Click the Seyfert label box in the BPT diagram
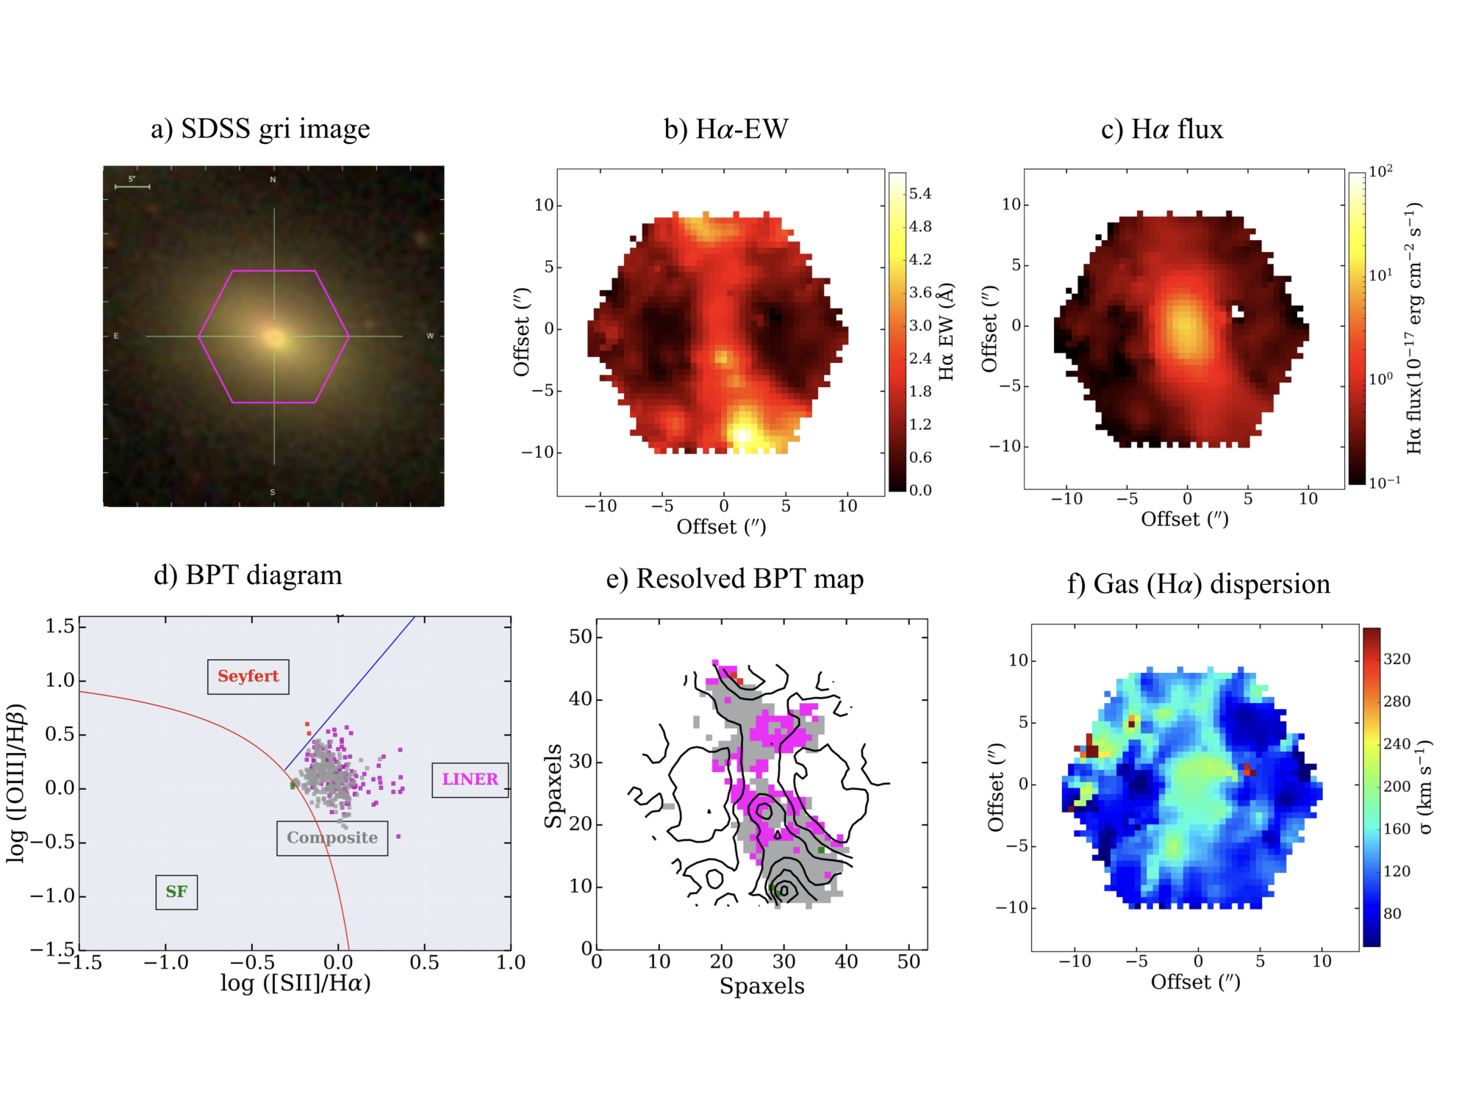[x=248, y=677]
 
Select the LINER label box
[x=470, y=779]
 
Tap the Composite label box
[x=332, y=838]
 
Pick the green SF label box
[x=176, y=892]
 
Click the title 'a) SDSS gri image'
[x=260, y=129]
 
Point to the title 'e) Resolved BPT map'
[x=735, y=580]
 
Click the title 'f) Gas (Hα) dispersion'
[x=1199, y=585]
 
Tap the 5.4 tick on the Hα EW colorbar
[x=920, y=194]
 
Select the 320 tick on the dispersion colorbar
[x=1397, y=659]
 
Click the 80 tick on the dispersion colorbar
[x=1392, y=914]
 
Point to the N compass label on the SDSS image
[x=273, y=180]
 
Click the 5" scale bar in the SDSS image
[x=132, y=187]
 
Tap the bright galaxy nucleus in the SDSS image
[x=275, y=337]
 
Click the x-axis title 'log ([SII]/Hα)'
[x=295, y=983]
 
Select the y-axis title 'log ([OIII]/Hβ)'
[x=16, y=783]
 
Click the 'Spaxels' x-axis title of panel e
[x=762, y=986]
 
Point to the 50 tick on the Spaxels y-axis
[x=581, y=636]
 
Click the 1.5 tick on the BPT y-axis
[x=60, y=626]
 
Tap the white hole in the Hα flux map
[x=1238, y=312]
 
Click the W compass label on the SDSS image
[x=430, y=336]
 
